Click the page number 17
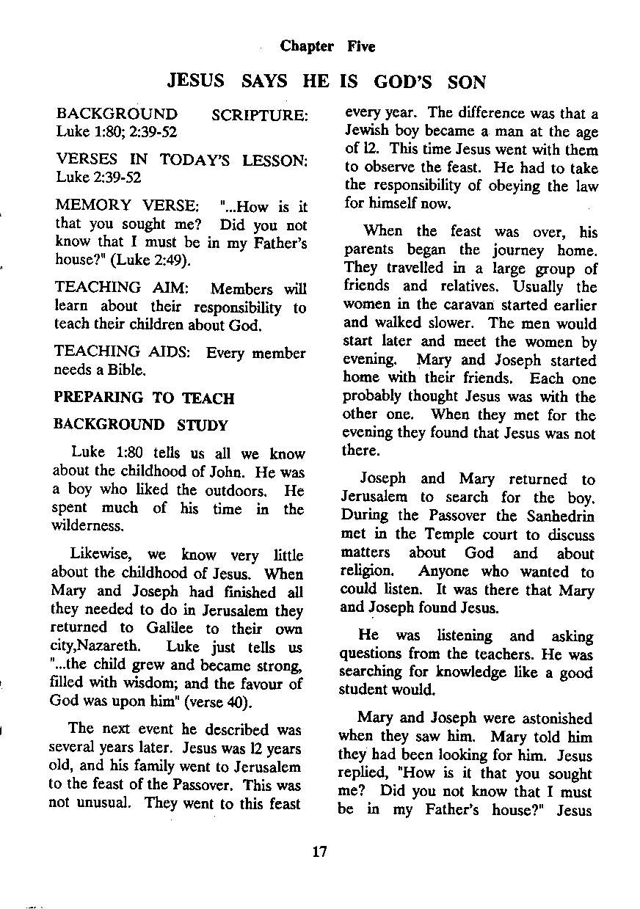[319, 852]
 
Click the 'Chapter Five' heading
[327, 47]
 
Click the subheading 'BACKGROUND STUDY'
[140, 426]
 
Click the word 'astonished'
[556, 718]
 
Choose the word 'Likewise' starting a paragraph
[99, 555]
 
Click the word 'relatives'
[452, 287]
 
